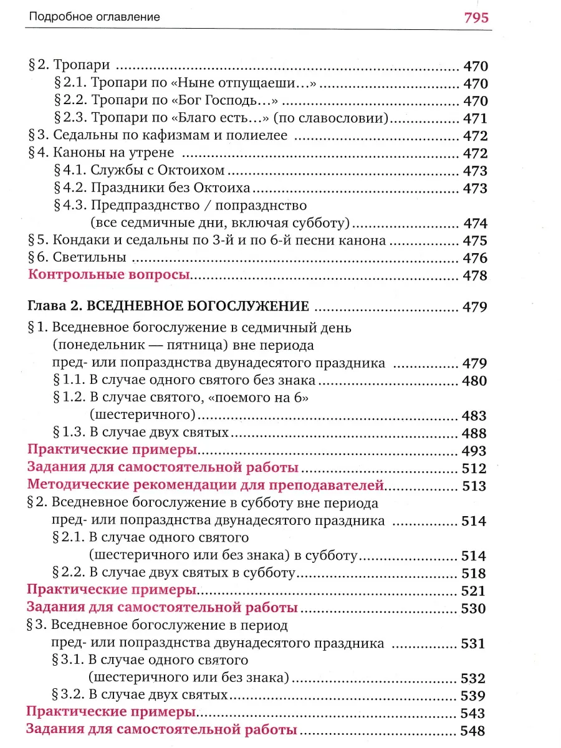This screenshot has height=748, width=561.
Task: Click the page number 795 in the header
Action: point(476,17)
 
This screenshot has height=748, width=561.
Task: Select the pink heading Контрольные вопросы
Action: point(109,275)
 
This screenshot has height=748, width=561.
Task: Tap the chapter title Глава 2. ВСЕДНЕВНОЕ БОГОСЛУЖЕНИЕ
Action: point(169,306)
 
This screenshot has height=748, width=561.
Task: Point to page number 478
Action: point(475,276)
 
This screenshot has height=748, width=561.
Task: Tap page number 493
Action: point(475,450)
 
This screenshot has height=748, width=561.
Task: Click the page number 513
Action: point(475,486)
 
